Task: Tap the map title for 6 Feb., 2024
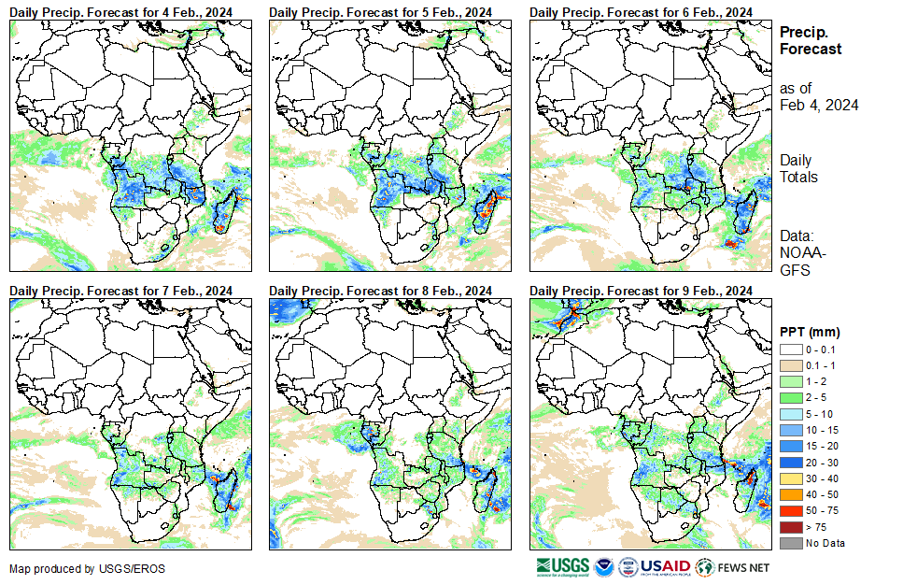642,11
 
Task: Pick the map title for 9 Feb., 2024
642,291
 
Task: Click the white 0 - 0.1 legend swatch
790,349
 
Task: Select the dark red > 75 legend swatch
790,527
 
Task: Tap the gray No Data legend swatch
790,543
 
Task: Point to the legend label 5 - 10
819,413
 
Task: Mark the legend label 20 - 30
822,462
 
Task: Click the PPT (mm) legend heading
810,332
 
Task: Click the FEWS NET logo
732,567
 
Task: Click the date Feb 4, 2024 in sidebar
819,105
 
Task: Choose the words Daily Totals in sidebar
798,168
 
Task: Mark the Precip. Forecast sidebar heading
811,40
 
